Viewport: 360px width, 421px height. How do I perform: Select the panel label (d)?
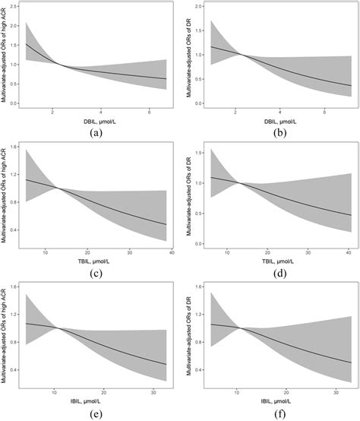[x=278, y=271]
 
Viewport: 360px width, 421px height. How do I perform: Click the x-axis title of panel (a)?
[x=96, y=119]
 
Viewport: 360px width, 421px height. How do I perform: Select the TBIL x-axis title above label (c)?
[x=96, y=260]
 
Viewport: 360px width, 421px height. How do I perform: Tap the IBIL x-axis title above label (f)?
[x=278, y=400]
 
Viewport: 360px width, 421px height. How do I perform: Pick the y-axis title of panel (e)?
[x=6, y=334]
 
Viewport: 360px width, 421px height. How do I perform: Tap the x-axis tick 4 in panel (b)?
[x=281, y=111]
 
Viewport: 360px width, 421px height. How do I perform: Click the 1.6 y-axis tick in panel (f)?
[x=200, y=286]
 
